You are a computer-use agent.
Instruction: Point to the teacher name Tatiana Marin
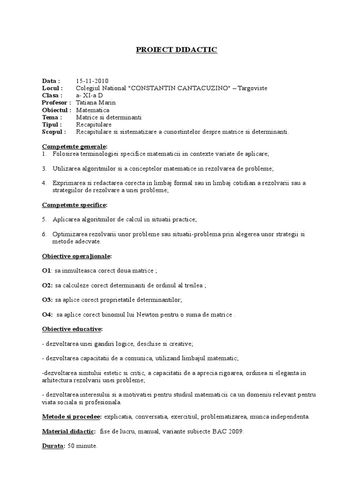tap(96, 103)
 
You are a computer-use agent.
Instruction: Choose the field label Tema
tap(51, 117)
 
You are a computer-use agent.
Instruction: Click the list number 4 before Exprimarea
tap(44, 183)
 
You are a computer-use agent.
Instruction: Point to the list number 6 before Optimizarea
tap(44, 234)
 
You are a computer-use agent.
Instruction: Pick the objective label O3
tap(46, 300)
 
